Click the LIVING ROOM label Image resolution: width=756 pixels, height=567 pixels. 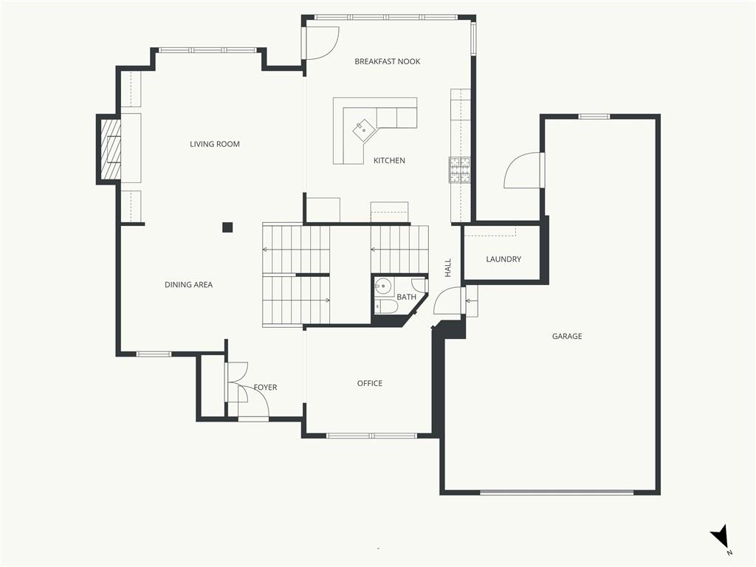point(215,144)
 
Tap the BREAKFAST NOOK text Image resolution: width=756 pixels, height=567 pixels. point(387,61)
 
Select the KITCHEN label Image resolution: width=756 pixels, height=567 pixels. point(389,160)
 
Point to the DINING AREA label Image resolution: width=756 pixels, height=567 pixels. point(188,284)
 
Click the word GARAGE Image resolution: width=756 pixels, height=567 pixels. point(567,336)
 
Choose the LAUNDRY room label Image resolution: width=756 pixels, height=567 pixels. point(504,259)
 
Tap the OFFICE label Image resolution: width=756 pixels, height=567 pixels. point(370,383)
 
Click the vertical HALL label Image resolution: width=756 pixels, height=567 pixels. point(448,267)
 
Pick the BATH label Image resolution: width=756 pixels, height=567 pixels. point(407,297)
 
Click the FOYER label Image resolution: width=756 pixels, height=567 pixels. point(265,387)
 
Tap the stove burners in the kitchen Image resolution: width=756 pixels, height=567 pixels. point(460,171)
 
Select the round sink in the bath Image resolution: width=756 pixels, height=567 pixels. point(384,286)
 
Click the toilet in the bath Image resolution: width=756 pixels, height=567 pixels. point(386,306)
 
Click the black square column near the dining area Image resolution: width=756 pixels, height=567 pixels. point(227,227)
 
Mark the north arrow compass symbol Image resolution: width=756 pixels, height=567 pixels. point(721,537)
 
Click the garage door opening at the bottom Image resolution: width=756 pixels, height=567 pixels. point(557,492)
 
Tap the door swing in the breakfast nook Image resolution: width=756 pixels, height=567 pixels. point(323,44)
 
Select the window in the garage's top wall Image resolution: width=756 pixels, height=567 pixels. point(594,116)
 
